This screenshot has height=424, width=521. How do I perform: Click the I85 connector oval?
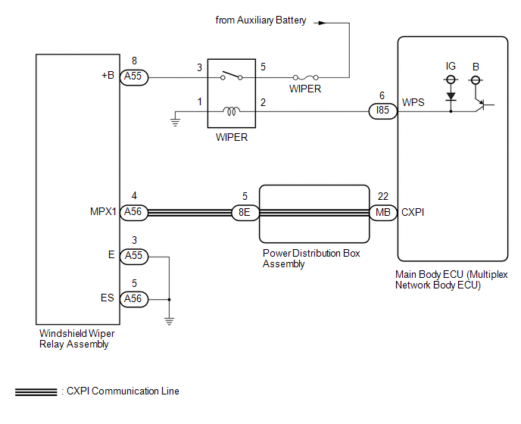click(x=382, y=111)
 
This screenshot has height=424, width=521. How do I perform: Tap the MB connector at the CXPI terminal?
click(x=383, y=212)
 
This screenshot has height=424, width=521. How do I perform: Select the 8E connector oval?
click(x=245, y=212)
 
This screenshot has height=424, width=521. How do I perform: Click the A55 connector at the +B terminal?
click(x=134, y=77)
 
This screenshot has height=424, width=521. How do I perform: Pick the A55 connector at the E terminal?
click(x=134, y=257)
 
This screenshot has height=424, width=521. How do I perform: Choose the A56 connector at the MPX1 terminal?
click(x=134, y=212)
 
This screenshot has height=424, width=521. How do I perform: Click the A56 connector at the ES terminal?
click(x=134, y=299)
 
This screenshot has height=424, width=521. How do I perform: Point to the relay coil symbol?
click(x=231, y=111)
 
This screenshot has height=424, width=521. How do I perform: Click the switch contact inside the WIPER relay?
click(x=232, y=76)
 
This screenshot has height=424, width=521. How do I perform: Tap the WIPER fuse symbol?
click(x=306, y=78)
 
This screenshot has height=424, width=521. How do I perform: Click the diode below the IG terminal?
click(x=451, y=96)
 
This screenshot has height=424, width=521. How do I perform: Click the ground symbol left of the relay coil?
click(x=175, y=123)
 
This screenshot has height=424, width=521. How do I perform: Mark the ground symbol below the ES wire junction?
click(x=169, y=321)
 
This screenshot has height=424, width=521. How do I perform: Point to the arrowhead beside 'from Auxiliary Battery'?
click(x=322, y=23)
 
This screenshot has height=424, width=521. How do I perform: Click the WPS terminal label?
click(x=413, y=102)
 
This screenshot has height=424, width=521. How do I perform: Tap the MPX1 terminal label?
click(x=103, y=212)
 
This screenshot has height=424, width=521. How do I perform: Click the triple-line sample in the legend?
click(x=36, y=392)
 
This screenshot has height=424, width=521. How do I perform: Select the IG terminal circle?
click(x=451, y=79)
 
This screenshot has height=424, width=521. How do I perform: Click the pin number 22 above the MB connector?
click(x=383, y=196)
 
